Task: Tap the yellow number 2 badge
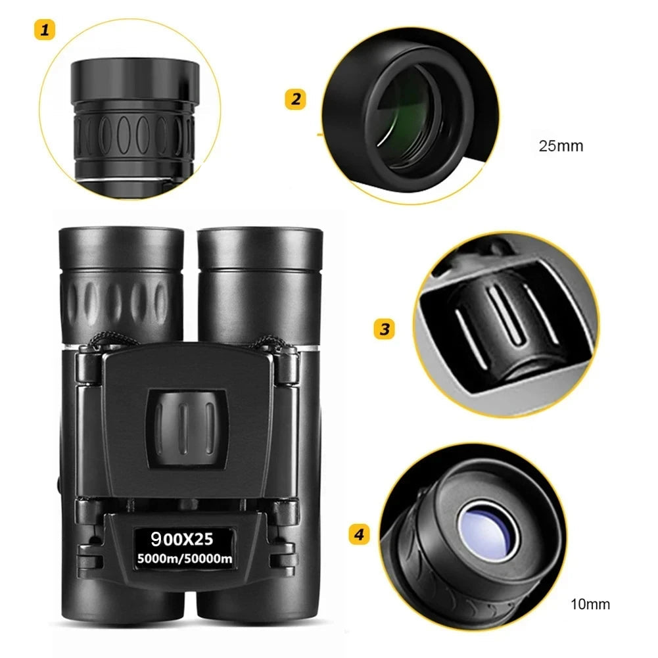[295, 99]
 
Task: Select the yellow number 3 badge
[385, 329]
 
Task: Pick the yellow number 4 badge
[358, 534]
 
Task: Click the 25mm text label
[561, 146]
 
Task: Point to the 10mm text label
[590, 604]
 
